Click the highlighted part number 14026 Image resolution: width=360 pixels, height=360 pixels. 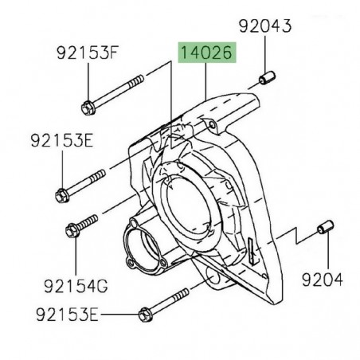205,55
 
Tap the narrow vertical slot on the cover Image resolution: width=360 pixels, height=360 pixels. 250,252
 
